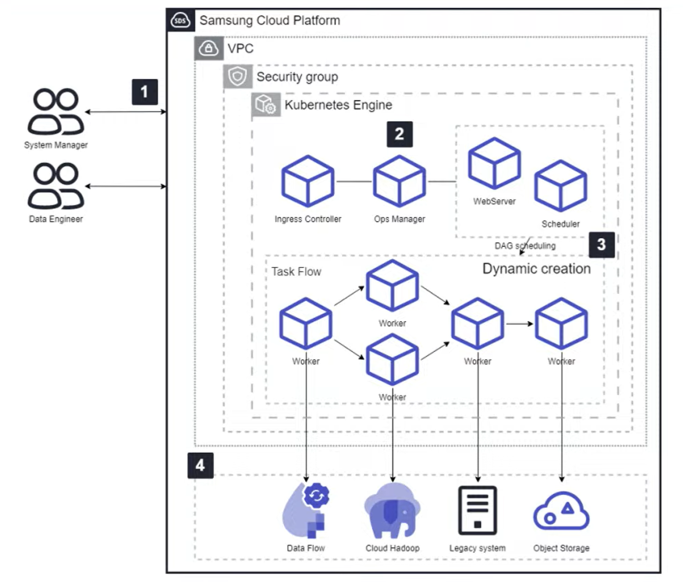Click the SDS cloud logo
pos(180,20)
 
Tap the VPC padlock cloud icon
pos(209,48)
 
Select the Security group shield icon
pos(237,77)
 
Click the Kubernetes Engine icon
pos(266,104)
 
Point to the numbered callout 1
pos(145,92)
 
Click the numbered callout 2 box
pos(400,134)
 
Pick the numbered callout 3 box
pos(601,245)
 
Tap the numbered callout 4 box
pos(200,465)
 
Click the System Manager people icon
pos(56,111)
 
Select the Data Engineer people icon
pos(56,186)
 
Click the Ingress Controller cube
pos(308,181)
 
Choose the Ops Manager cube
pos(399,181)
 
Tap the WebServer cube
pos(494,163)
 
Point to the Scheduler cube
pos(560,186)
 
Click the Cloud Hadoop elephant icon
pos(392,511)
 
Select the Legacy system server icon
pos(478,511)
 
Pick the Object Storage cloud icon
pos(561,511)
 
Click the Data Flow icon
pos(306,511)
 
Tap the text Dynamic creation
pos(537,269)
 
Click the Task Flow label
pos(297,271)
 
